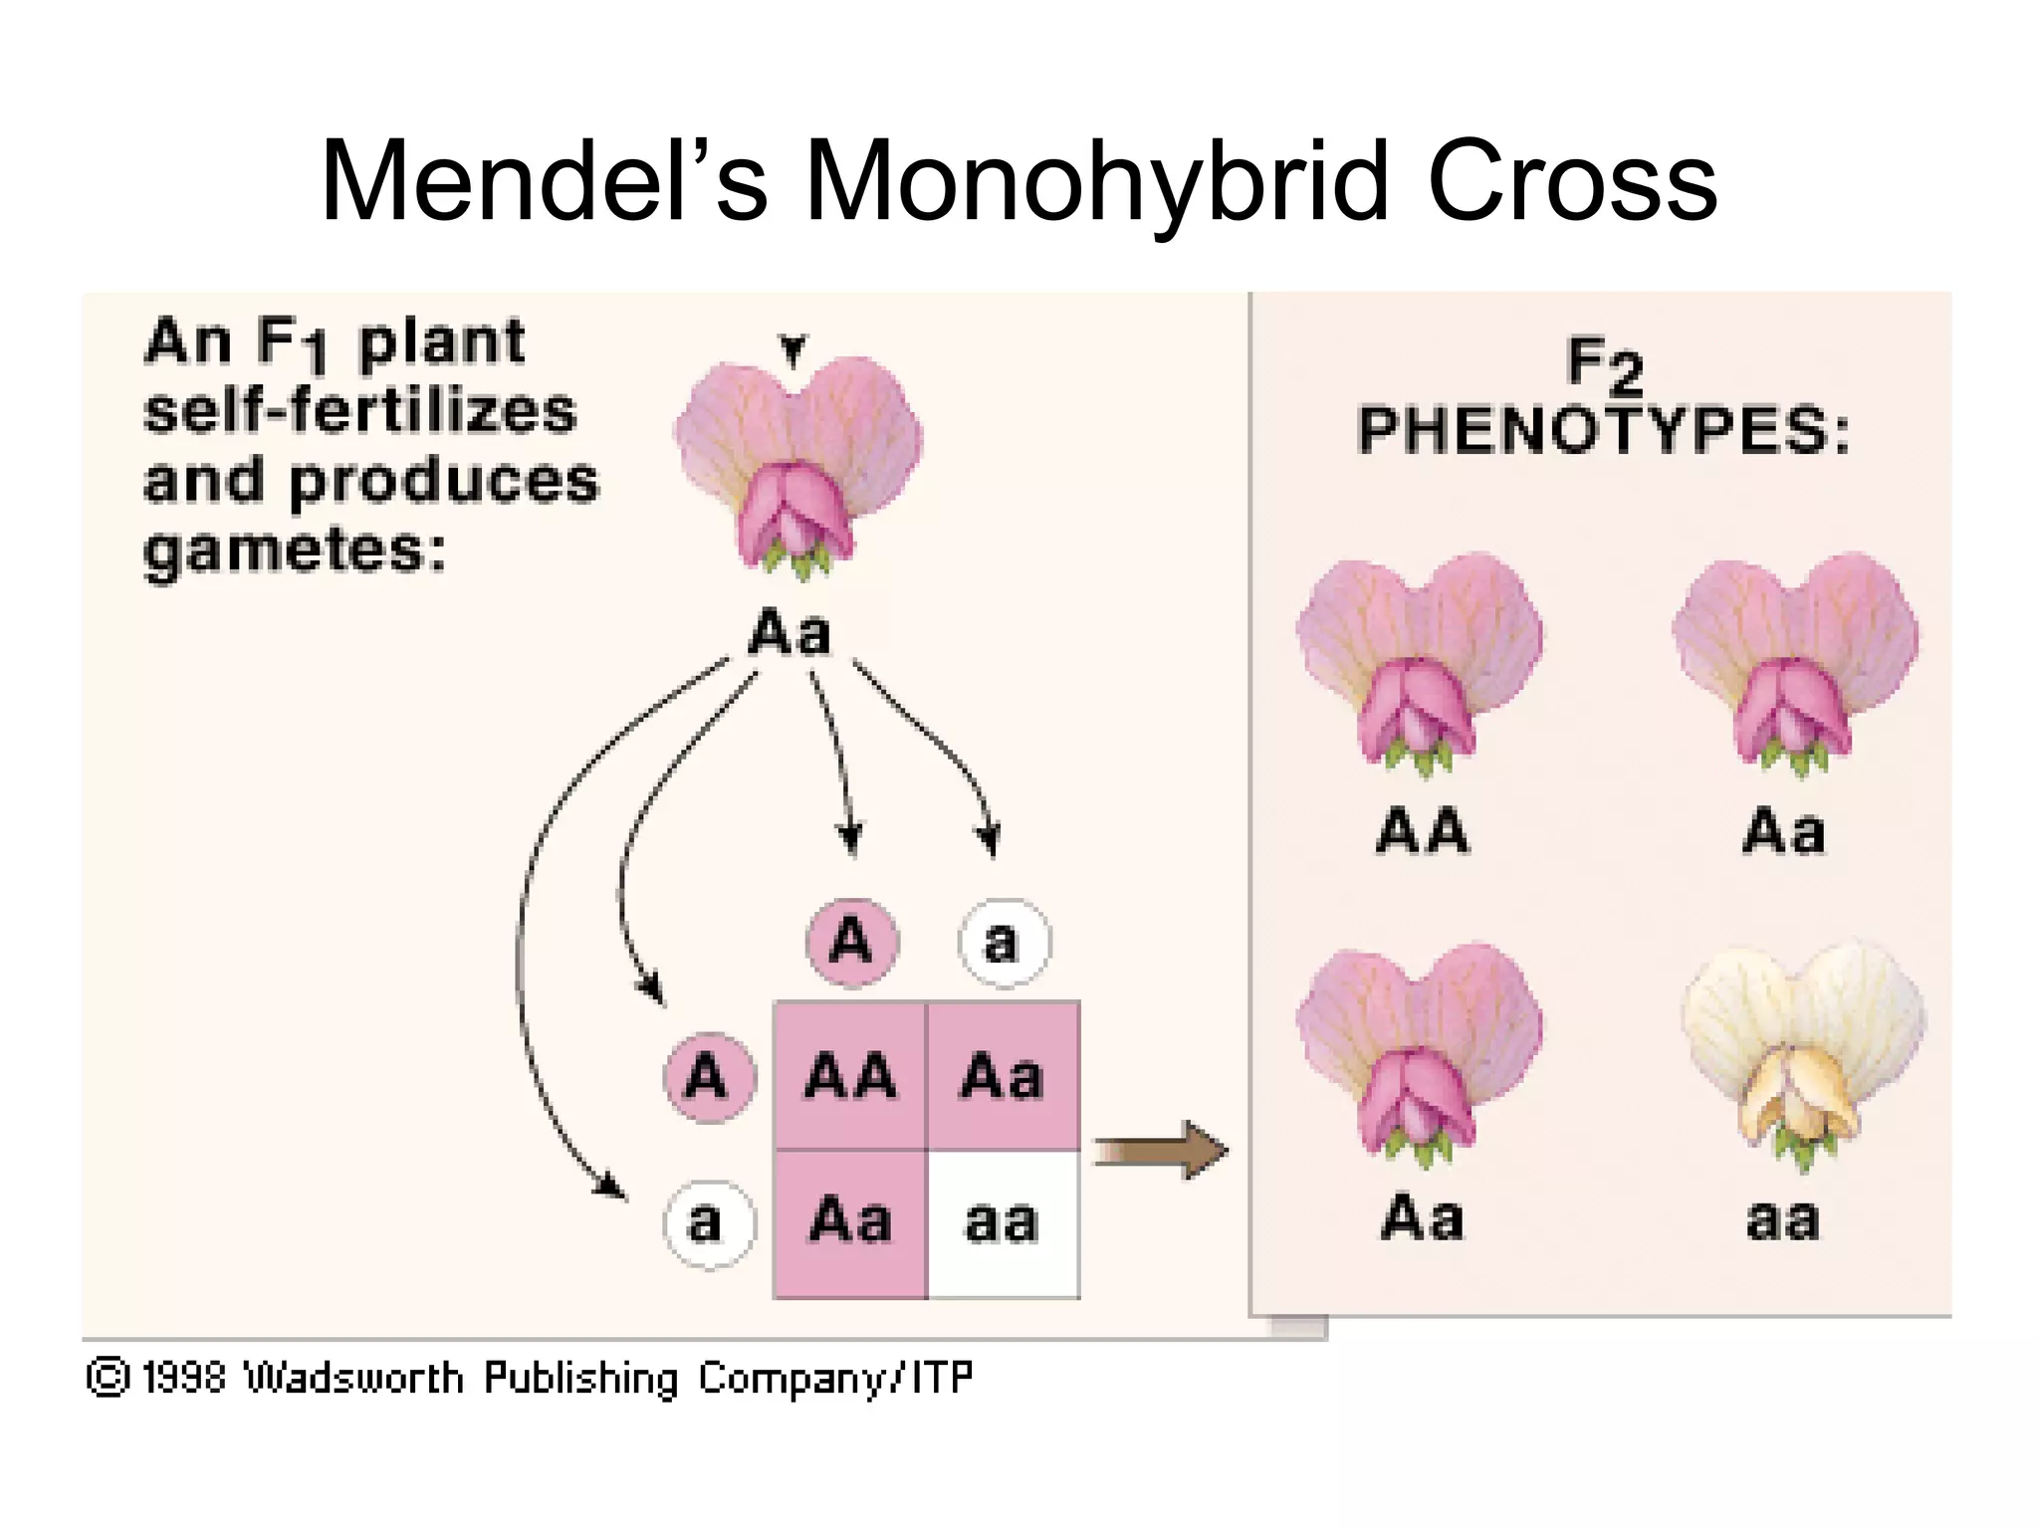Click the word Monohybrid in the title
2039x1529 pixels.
(1095, 182)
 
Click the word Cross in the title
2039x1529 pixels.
(1573, 182)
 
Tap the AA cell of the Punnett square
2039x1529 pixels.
(849, 1076)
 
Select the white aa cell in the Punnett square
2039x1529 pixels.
(1003, 1222)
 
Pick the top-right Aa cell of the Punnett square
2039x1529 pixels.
(1003, 1076)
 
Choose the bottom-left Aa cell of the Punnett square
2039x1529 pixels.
(849, 1222)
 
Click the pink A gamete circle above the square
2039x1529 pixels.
(851, 941)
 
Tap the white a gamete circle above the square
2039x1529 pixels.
(1004, 942)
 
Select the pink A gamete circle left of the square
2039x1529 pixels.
(709, 1077)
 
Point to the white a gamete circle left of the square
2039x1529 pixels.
(709, 1223)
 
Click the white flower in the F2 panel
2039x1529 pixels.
(1803, 1055)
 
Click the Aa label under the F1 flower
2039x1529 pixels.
(790, 633)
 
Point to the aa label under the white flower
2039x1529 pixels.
(1783, 1219)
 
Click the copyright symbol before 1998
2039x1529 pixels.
(108, 1378)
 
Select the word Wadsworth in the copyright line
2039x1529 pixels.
(354, 1378)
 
